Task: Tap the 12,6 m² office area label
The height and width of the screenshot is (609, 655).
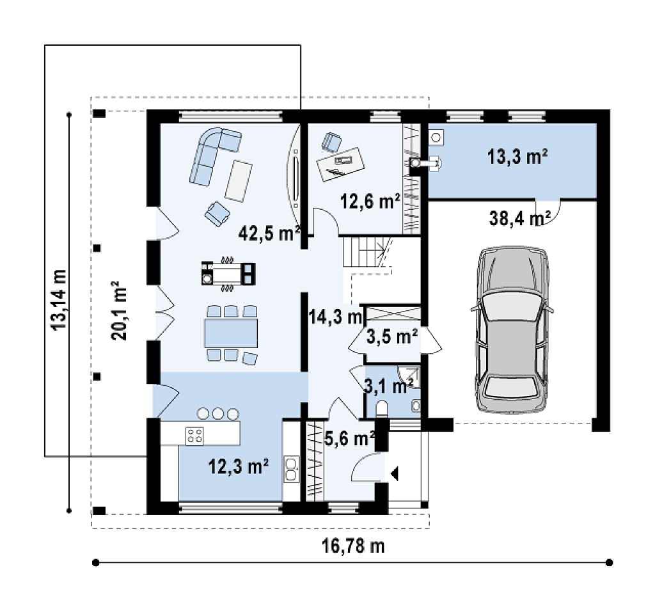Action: point(370,202)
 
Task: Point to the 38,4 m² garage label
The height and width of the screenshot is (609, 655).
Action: point(519,217)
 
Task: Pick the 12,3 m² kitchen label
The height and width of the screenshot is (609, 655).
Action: point(238,466)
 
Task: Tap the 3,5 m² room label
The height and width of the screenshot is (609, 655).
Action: point(392,336)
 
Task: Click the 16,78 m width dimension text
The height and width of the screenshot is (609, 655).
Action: point(353,546)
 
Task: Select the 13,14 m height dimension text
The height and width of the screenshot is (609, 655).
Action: point(58,299)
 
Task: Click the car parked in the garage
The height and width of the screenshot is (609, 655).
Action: point(512,329)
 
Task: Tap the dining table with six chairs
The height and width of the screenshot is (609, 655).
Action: point(230,333)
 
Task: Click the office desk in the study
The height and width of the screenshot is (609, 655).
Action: point(340,164)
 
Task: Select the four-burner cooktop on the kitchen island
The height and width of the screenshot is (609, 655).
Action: point(194,435)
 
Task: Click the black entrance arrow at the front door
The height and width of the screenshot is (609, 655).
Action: point(394,474)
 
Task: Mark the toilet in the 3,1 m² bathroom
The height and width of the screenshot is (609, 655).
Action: point(382,408)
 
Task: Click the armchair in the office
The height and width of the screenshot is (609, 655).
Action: point(332,142)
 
